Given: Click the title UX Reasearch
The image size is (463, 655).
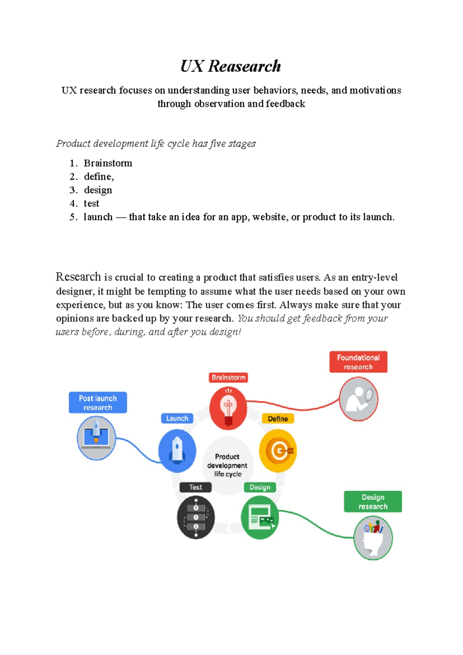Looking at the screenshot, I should [231, 66].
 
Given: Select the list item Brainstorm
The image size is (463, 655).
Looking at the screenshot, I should [108, 163].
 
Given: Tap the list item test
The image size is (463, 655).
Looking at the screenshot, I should [91, 204].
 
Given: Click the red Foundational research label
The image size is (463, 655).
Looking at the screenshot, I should [358, 362].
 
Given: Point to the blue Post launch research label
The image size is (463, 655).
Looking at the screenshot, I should [98, 402].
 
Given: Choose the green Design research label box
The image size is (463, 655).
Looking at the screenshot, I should [373, 502].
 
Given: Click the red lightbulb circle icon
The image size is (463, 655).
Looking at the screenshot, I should [228, 408].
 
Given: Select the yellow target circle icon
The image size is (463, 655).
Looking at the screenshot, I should [278, 451].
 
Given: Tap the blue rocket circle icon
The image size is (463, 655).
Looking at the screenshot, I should [177, 451].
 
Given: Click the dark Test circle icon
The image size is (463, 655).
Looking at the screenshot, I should [196, 517].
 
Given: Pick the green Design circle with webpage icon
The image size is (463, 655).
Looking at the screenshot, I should [260, 517].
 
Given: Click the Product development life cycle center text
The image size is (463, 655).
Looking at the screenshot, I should [227, 465].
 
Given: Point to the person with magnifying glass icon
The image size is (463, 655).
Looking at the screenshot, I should [358, 399].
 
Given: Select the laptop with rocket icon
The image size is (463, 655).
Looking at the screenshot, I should [96, 438].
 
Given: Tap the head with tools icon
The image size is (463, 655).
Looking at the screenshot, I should [373, 538].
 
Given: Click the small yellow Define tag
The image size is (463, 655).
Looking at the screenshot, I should [278, 419].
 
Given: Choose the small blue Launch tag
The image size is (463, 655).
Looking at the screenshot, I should [177, 418].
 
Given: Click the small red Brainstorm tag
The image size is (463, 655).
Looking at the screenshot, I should [228, 377].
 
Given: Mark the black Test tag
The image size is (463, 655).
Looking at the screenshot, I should [196, 487].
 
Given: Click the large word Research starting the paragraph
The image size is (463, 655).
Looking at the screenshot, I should [78, 277].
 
